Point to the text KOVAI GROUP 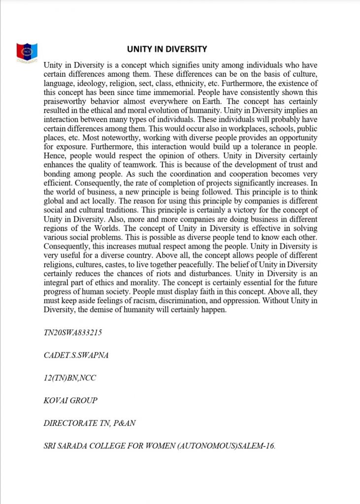click(70, 400)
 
